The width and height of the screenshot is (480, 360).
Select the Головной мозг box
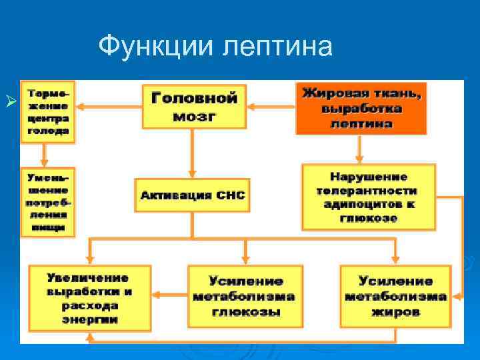coord(194,107)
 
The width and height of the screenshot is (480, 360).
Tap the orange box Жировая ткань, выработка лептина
coord(361,107)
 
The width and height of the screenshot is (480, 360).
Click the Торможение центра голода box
coord(48,112)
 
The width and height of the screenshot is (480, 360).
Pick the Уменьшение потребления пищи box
coord(48,202)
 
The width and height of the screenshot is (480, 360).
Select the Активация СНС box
coord(193,195)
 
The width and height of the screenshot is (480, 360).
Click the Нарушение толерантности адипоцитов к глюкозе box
coord(368,197)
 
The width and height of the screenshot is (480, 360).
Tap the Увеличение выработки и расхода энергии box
coord(89,297)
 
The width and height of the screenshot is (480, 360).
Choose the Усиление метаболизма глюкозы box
coord(245,297)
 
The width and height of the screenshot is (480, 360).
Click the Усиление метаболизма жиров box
coord(395,297)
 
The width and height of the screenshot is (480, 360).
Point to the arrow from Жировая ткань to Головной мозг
coord(271,104)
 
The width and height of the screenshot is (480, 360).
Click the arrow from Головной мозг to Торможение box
coord(109,104)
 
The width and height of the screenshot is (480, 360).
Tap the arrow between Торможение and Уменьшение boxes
coord(45,155)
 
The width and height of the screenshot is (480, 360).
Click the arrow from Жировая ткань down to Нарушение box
coord(359,149)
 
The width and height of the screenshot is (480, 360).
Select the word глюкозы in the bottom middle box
coord(245,312)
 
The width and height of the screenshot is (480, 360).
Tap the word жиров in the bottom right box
coord(395,312)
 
